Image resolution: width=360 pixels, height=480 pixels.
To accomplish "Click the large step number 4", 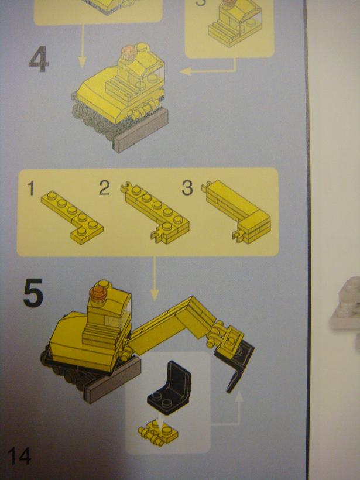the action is click(39, 59).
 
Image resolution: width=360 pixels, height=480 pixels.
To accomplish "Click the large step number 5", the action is click(33, 293).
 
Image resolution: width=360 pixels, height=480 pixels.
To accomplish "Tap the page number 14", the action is click(19, 456).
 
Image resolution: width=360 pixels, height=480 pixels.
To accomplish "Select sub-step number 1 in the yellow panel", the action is click(30, 188).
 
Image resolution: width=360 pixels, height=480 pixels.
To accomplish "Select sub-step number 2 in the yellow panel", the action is click(104, 188).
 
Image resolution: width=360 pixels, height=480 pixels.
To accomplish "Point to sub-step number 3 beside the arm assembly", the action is click(187, 188).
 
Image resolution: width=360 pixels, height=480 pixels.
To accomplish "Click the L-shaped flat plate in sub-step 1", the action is click(72, 217).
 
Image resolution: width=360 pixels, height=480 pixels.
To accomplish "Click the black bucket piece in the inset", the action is click(169, 388).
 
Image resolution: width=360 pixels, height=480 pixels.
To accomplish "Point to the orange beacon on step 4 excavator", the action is click(129, 52).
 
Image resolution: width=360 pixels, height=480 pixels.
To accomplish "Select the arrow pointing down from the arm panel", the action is click(155, 279).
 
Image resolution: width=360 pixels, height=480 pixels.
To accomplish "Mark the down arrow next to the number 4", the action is click(82, 46).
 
